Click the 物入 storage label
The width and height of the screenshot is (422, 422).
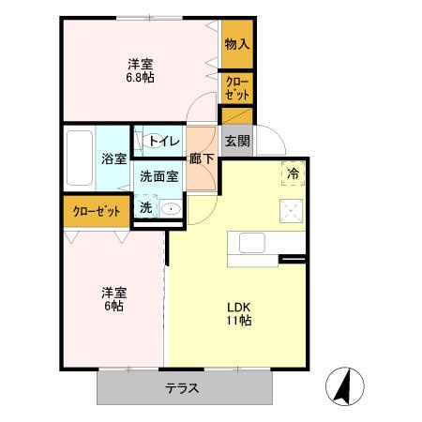tap(237, 43)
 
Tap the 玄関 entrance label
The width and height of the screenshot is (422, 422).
tap(237, 141)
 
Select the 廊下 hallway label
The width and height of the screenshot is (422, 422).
tap(201, 158)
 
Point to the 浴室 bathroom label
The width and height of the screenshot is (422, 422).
tap(113, 158)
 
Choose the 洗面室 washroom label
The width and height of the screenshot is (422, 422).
tap(158, 175)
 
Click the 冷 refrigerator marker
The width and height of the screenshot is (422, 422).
tap(293, 173)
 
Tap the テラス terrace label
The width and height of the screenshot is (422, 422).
tap(182, 388)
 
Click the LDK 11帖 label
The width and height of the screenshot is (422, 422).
tap(237, 313)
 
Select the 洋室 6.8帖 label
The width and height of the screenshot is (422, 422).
tap(141, 71)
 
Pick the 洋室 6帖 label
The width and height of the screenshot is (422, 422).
tap(114, 299)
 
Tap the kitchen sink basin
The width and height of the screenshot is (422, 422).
tap(252, 242)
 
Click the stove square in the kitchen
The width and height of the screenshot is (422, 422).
tap(292, 210)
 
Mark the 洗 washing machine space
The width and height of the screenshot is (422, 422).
tap(146, 208)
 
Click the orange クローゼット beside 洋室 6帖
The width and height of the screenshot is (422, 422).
tap(95, 211)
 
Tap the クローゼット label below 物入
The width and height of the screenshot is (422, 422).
tap(236, 88)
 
